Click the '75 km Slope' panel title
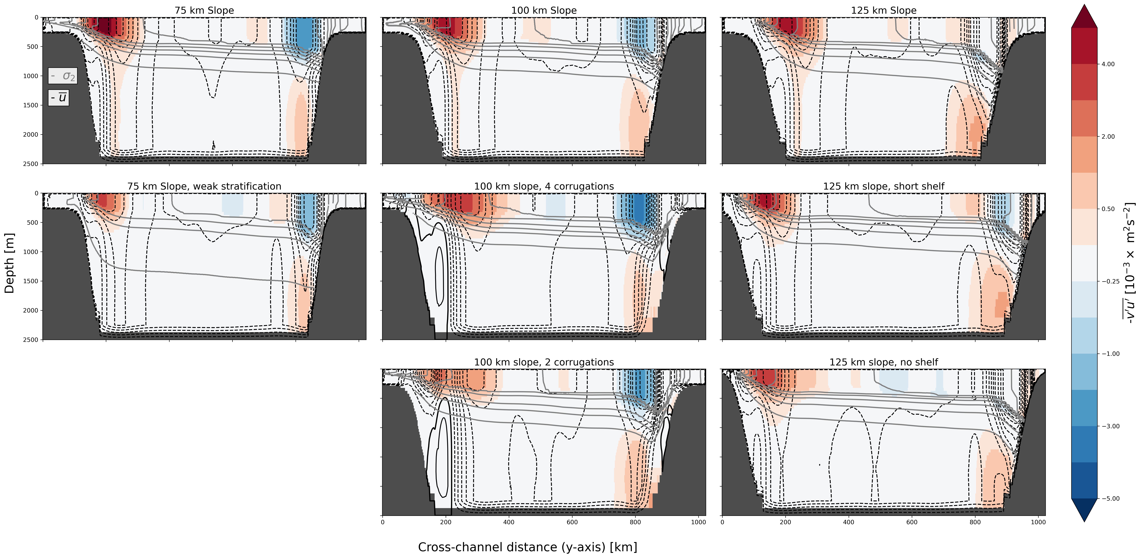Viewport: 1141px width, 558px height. [204, 10]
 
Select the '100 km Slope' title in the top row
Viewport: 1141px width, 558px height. [544, 10]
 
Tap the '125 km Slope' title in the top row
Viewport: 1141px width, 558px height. [884, 10]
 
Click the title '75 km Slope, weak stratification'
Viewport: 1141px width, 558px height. [204, 186]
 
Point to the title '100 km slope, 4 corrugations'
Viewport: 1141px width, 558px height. [544, 186]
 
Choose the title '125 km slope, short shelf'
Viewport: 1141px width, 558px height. [884, 186]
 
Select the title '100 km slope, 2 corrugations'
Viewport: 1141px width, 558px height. [544, 362]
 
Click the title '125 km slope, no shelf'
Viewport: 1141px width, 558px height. [884, 362]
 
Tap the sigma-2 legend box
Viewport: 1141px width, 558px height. [62, 76]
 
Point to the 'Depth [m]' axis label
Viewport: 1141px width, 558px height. [9, 263]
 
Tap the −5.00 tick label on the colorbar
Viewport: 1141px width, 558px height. [1110, 499]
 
